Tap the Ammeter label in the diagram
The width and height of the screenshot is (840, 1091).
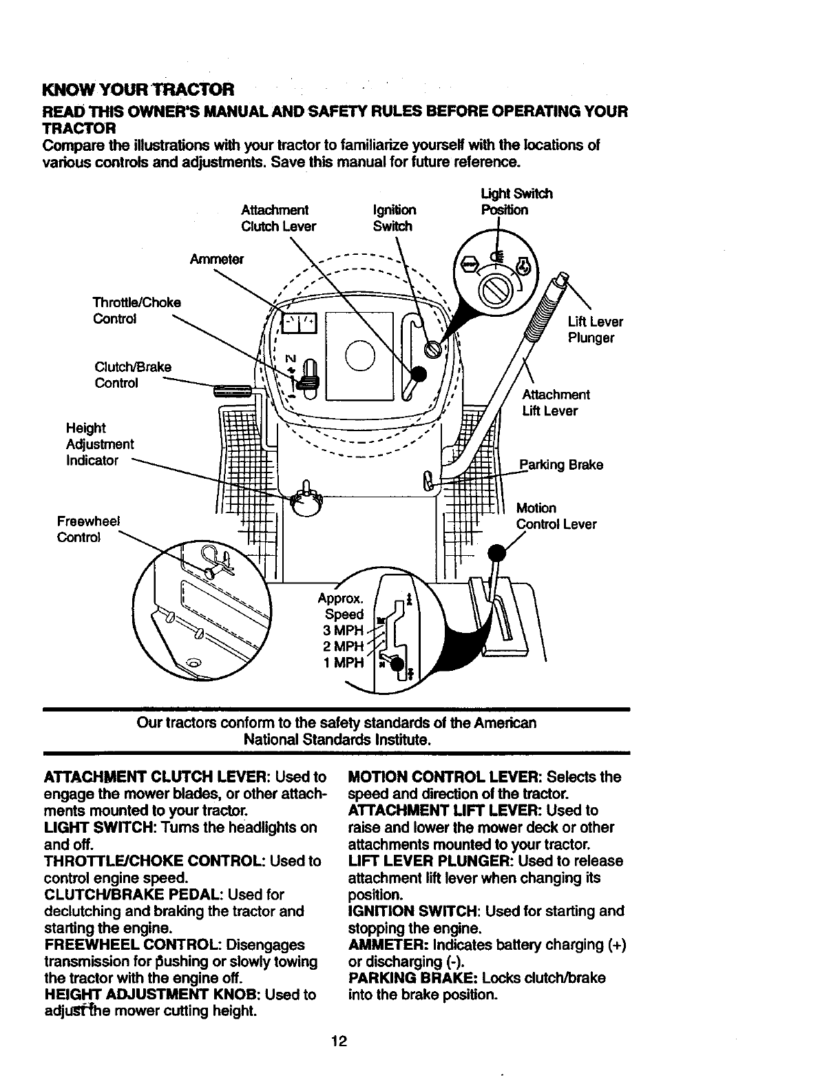click(217, 259)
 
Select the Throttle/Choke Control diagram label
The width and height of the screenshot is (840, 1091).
click(137, 311)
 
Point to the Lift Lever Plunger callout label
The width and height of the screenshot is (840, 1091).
click(595, 330)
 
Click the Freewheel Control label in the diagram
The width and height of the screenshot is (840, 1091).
click(88, 529)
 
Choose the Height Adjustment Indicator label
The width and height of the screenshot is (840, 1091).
click(99, 444)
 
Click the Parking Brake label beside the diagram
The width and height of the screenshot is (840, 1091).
click(561, 465)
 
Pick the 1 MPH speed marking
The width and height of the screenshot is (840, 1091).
click(343, 663)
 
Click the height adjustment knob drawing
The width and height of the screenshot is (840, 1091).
click(306, 501)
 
